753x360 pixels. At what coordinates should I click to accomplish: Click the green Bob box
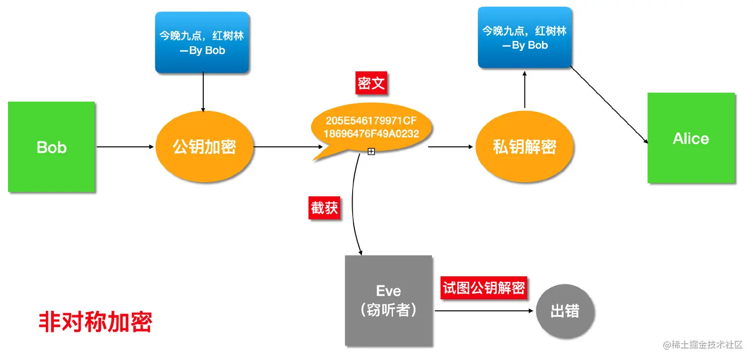[51, 147]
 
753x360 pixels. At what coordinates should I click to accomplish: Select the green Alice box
[691, 138]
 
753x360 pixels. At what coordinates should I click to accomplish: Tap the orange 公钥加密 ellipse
[204, 147]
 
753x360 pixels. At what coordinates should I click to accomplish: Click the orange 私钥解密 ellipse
[524, 147]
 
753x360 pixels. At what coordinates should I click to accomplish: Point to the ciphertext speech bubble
[371, 128]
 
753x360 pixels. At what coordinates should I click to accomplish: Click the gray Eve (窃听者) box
[388, 300]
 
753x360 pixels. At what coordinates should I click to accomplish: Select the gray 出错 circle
[565, 312]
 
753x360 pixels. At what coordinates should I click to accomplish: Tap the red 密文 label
[371, 84]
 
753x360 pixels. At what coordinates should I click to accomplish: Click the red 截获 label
[325, 208]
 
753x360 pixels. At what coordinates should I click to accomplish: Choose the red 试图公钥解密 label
[484, 289]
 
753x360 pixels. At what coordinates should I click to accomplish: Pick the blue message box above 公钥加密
[202, 43]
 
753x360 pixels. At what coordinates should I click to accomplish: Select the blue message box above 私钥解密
[524, 38]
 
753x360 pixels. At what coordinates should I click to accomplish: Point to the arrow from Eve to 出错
[483, 312]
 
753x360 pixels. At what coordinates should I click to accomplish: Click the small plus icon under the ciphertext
[371, 151]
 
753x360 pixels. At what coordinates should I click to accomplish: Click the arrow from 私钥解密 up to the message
[524, 90]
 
